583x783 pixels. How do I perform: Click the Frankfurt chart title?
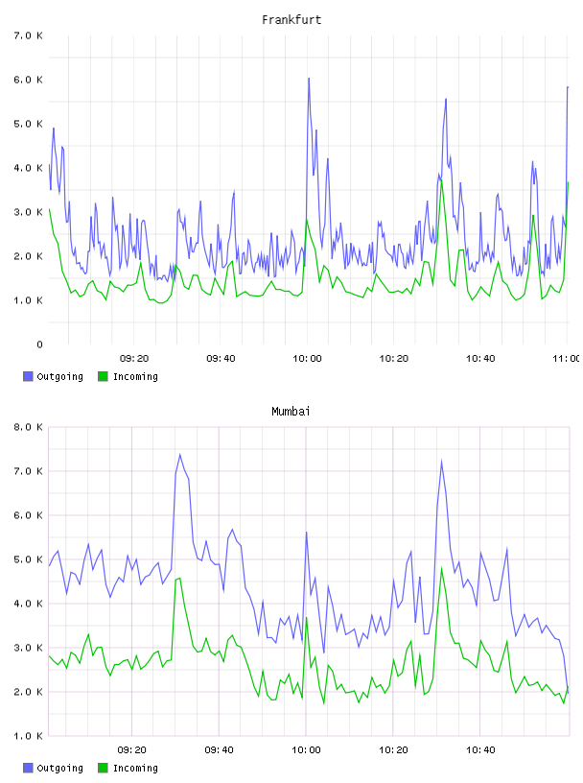pos(291,20)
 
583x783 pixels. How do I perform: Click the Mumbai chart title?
pos(291,412)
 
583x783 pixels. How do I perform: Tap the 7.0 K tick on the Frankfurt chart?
pos(29,36)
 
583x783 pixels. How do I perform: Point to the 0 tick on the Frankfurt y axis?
pos(39,344)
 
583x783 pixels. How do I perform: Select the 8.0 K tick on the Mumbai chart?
pos(29,427)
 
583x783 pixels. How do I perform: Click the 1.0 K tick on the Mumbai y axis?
pos(29,736)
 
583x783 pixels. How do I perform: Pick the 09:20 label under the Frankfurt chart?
pos(134,358)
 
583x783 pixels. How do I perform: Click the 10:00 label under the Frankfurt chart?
pos(307,358)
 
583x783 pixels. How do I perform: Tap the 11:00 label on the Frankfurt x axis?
pos(566,358)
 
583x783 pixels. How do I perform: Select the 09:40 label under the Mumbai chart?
pos(220,749)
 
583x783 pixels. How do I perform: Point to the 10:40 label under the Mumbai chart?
pos(480,749)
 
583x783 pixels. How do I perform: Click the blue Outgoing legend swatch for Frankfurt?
pos(28,376)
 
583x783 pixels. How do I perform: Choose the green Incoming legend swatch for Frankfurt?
pos(103,376)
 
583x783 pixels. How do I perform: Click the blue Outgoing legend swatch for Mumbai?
pos(28,768)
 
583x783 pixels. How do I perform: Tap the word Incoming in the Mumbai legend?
pos(135,768)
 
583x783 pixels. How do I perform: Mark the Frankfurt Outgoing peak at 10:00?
pos(309,79)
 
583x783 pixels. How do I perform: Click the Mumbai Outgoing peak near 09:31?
pos(179,455)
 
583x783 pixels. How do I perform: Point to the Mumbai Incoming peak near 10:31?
pos(441,568)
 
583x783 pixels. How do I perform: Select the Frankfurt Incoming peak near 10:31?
pos(441,180)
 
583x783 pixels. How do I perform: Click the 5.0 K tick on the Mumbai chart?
pos(29,559)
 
